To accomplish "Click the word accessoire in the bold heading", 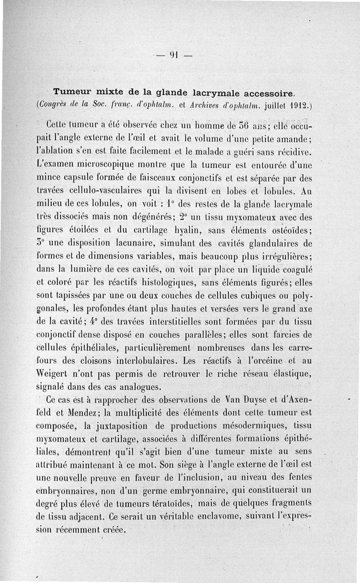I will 269,93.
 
